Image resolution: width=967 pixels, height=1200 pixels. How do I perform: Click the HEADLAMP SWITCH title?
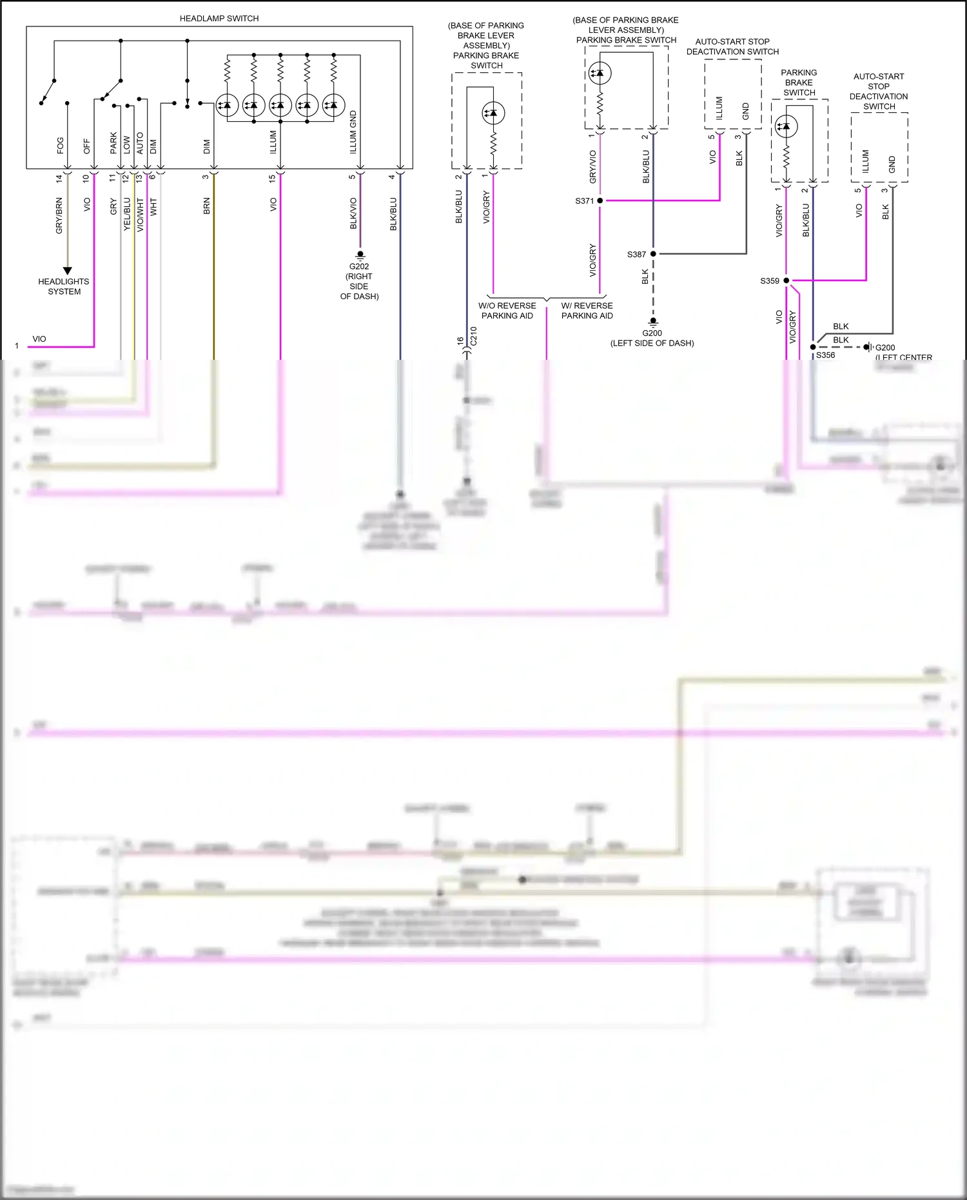219,19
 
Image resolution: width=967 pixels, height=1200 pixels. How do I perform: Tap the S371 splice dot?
600,201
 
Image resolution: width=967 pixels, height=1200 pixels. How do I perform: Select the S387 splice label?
636,254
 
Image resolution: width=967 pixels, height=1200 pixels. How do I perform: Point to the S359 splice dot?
786,280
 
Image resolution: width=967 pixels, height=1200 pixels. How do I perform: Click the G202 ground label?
359,266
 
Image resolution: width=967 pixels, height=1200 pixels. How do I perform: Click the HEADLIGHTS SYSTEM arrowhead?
67,271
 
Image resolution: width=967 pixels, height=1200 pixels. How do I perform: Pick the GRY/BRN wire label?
59,216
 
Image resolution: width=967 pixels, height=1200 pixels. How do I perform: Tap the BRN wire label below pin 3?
207,206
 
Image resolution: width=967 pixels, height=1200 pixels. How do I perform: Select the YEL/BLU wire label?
127,213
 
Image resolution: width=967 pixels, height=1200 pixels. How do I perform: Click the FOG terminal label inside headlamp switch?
61,145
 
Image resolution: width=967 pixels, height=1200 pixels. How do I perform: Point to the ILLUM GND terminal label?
353,132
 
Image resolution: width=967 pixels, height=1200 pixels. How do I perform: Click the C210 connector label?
473,336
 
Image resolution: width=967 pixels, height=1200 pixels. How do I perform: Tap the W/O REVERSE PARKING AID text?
507,311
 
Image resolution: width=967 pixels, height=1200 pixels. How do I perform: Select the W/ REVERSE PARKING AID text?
587,311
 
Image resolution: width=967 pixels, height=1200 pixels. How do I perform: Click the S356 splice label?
825,355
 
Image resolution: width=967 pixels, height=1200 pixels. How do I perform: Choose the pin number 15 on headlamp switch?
273,178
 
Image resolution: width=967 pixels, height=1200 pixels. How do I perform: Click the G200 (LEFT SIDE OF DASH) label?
652,338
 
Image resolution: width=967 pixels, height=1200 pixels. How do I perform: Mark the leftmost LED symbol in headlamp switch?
227,105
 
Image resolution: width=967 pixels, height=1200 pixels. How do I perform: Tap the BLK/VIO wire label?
353,213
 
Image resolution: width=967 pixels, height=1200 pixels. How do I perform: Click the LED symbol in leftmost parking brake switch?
493,113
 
